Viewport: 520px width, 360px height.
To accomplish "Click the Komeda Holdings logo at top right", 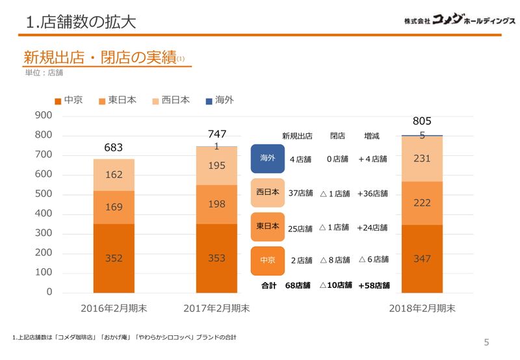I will (459, 20).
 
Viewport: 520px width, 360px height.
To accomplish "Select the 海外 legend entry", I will (219, 100).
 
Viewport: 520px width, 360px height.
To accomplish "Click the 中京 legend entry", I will (68, 100).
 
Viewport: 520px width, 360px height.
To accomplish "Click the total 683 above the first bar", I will (114, 148).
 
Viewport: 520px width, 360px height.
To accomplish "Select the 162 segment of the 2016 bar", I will (114, 175).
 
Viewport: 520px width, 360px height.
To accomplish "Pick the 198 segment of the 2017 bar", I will (216, 204).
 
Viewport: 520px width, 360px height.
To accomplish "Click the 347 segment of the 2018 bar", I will (422, 259).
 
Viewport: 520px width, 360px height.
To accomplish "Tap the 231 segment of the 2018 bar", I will (422, 159).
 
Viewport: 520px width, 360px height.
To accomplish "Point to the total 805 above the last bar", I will (422, 121).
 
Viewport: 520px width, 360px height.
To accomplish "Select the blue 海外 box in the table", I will (268, 158).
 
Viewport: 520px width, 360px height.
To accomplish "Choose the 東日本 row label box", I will (268, 226).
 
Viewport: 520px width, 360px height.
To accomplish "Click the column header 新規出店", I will (297, 136).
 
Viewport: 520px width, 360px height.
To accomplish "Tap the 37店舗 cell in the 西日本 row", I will (301, 193).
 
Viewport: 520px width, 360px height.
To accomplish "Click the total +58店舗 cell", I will (374, 285).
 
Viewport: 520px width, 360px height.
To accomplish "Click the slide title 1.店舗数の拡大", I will (81, 22).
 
